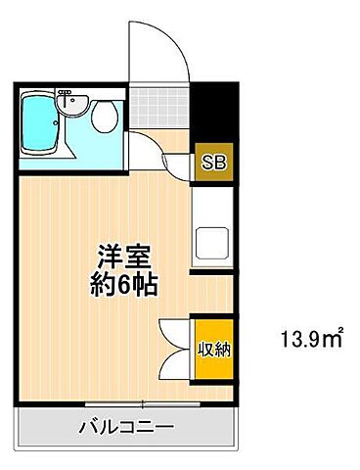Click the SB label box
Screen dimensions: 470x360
point(211,163)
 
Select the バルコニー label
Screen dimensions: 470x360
point(125,427)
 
